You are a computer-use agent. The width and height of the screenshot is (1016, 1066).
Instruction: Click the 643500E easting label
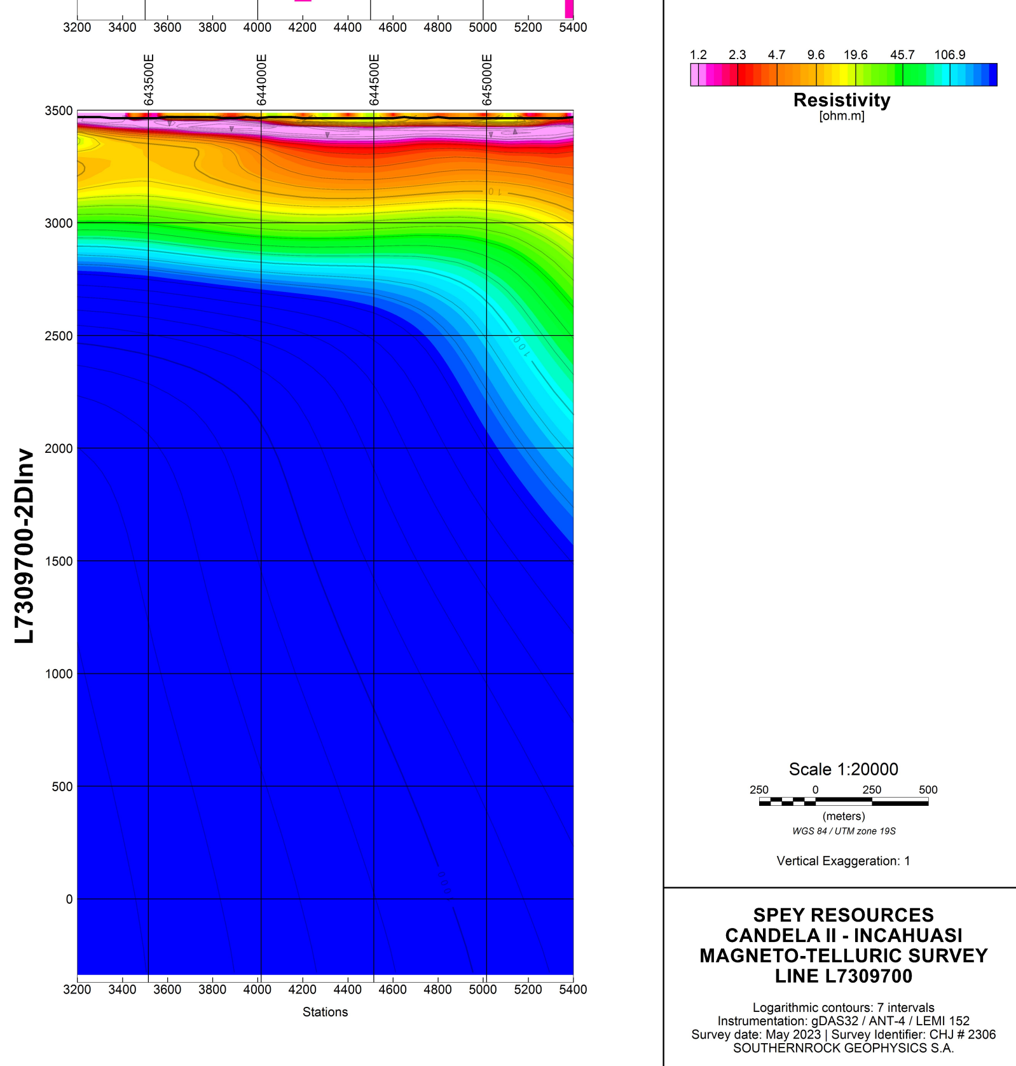[149, 80]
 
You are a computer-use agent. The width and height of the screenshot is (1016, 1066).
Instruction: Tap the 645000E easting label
[487, 80]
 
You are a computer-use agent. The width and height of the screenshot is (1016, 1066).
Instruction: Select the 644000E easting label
[261, 80]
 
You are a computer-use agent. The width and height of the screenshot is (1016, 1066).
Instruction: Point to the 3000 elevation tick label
[58, 223]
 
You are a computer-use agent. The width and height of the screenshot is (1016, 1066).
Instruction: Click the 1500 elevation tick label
[58, 561]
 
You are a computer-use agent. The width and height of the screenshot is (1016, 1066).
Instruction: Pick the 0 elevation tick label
[69, 899]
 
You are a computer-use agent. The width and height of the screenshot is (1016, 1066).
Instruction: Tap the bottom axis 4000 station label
[257, 990]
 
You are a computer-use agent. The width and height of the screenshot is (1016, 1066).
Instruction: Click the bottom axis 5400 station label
[573, 990]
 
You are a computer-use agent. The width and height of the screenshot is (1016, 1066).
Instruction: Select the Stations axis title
[325, 1012]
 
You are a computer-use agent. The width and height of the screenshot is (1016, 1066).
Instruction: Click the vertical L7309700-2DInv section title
[24, 546]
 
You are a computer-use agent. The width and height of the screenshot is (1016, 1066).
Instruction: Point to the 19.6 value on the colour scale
[855, 55]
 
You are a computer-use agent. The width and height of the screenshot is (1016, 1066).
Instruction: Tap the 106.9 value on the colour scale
[949, 55]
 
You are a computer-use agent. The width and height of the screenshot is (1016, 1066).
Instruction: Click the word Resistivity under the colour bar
[842, 100]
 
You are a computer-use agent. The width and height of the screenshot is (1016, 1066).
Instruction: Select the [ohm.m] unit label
[842, 116]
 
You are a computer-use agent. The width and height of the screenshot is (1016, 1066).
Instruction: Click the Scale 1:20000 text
[843, 769]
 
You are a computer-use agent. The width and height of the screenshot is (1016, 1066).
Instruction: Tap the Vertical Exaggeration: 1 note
[843, 861]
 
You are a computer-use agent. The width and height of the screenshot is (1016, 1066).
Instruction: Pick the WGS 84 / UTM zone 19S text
[844, 831]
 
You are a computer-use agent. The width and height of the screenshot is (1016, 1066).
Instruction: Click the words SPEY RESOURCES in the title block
[843, 915]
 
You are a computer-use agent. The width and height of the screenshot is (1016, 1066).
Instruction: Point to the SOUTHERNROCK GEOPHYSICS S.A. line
[843, 1048]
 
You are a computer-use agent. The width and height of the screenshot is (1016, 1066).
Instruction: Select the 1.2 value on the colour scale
[698, 55]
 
